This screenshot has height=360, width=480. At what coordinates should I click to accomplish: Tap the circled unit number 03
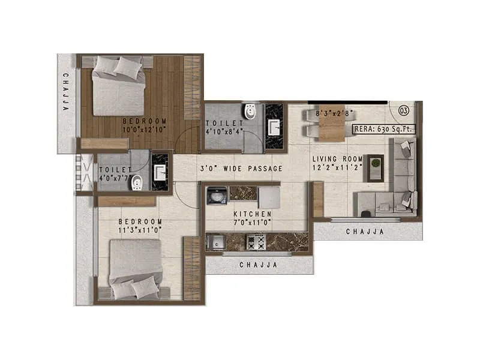(403, 110)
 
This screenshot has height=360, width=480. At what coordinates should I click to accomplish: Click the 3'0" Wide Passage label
(242, 169)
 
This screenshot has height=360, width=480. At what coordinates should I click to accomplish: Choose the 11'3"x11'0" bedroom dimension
(140, 230)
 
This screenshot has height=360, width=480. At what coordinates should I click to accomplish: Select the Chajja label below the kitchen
(257, 264)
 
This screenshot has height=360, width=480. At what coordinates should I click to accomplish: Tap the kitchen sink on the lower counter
(214, 242)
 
